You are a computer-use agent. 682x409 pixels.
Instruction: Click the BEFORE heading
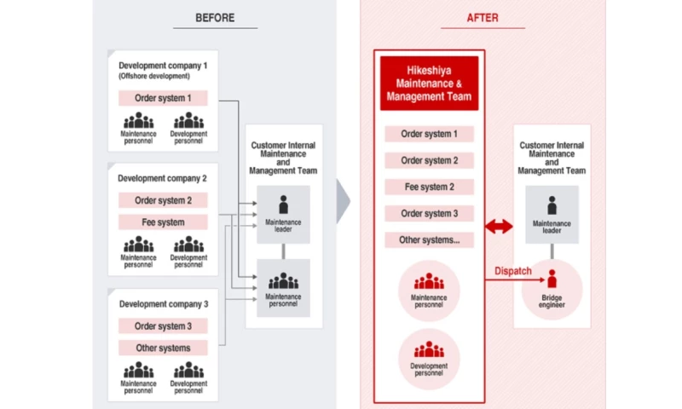(215, 17)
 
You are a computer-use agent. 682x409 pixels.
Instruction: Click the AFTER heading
(483, 17)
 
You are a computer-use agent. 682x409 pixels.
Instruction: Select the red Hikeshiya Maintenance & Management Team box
(428, 84)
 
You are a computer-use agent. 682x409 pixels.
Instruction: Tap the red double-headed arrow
(499, 226)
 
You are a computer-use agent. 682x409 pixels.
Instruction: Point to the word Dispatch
(513, 271)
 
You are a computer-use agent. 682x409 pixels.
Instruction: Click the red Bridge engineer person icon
(552, 279)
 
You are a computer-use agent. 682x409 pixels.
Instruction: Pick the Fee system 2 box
(428, 187)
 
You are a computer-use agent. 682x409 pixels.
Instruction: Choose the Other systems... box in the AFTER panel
(428, 240)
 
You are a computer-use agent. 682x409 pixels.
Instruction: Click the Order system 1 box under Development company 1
(163, 99)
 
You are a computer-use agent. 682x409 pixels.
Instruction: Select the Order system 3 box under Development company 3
(163, 326)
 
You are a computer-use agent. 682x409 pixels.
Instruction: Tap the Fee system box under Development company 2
(163, 222)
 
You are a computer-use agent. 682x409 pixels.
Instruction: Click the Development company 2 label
(163, 179)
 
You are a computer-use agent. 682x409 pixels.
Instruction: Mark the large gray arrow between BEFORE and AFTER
(343, 203)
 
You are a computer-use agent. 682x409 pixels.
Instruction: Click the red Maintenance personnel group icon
(429, 281)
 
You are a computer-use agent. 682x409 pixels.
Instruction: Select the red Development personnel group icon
(429, 349)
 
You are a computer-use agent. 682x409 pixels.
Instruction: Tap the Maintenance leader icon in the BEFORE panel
(283, 205)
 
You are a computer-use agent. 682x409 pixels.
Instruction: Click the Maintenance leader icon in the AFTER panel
(552, 205)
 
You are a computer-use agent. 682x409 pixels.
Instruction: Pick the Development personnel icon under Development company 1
(188, 120)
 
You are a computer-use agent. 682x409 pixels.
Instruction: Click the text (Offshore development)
(153, 77)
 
